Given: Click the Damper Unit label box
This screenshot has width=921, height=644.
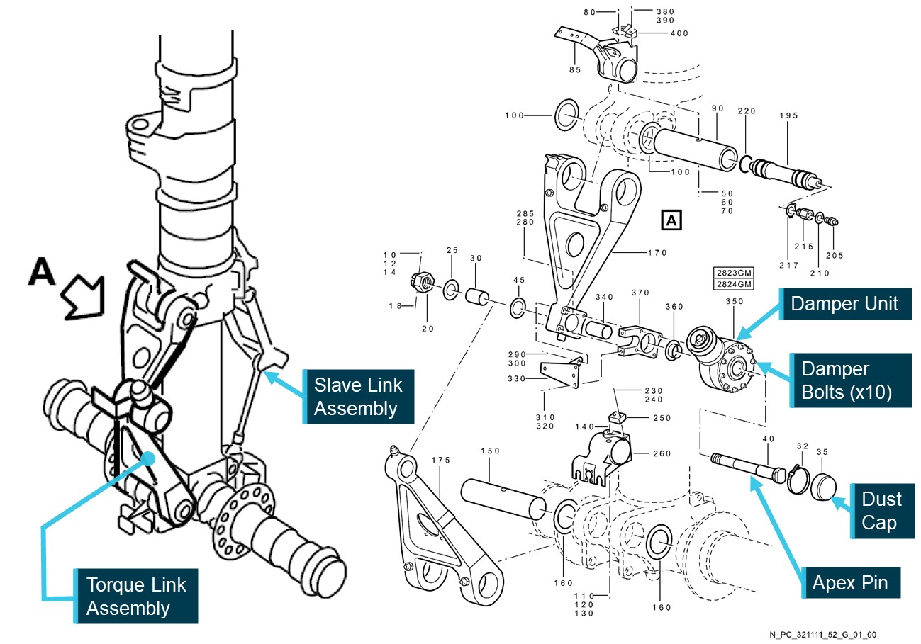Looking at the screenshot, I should (844, 305).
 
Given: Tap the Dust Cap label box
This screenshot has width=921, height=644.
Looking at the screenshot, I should (882, 511).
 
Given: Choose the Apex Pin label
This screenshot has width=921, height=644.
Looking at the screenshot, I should (849, 583).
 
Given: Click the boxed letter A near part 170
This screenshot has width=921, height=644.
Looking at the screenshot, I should (671, 220).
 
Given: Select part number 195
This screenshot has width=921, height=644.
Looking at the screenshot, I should (789, 115).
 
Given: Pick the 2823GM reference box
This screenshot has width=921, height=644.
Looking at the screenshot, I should (732, 273).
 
